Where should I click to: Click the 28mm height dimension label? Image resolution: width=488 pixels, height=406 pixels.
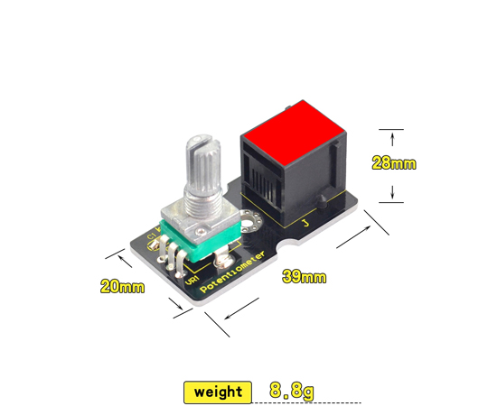coord(394,163)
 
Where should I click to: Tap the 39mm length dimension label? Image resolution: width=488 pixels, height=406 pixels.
coord(304,277)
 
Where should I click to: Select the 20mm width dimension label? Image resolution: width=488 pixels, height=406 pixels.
coord(122,286)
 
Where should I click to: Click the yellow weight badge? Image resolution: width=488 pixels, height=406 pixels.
coord(218,392)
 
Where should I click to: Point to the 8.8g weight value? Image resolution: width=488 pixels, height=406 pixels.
coord(291,391)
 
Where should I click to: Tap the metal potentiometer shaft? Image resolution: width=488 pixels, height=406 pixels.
coord(202,171)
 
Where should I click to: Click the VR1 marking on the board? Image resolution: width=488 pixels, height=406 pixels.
coord(192,281)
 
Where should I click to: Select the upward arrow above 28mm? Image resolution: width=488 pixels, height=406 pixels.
coord(392,137)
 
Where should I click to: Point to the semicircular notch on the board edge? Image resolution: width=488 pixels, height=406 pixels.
coord(292,245)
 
